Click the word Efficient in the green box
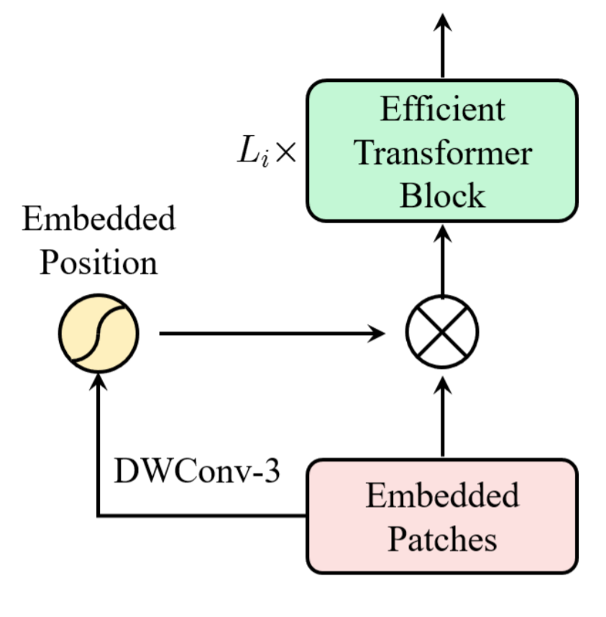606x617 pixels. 442,111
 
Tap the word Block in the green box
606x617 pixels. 442,195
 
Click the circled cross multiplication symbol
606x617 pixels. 442,334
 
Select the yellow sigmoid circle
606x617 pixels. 98,334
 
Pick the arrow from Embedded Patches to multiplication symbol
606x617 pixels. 442,421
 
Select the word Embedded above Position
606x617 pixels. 98,219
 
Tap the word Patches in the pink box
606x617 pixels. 442,539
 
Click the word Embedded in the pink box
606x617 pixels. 442,496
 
